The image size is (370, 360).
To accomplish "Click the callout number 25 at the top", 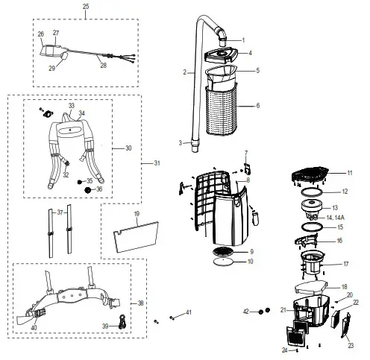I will coord(85,6).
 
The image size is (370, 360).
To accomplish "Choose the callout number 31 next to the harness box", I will coord(157,163).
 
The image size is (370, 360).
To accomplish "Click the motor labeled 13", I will coord(313,206).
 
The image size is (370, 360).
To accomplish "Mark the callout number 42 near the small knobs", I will coord(247,310).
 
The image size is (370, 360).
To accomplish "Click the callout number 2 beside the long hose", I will coord(183,72).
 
